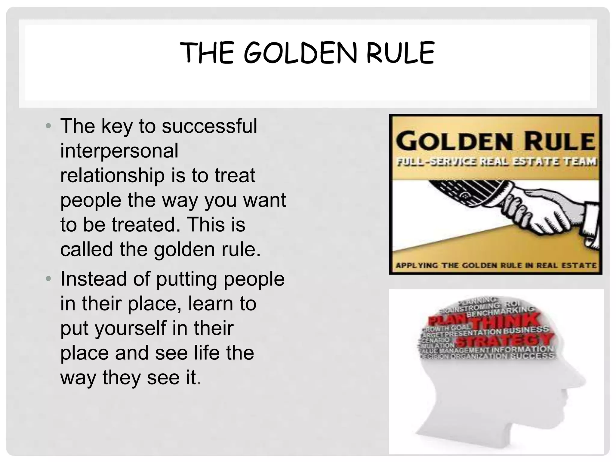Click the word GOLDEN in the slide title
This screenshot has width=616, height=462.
[300, 53]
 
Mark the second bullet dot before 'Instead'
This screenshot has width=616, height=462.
[48, 279]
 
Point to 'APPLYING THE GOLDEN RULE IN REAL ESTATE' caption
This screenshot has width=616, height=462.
[496, 266]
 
